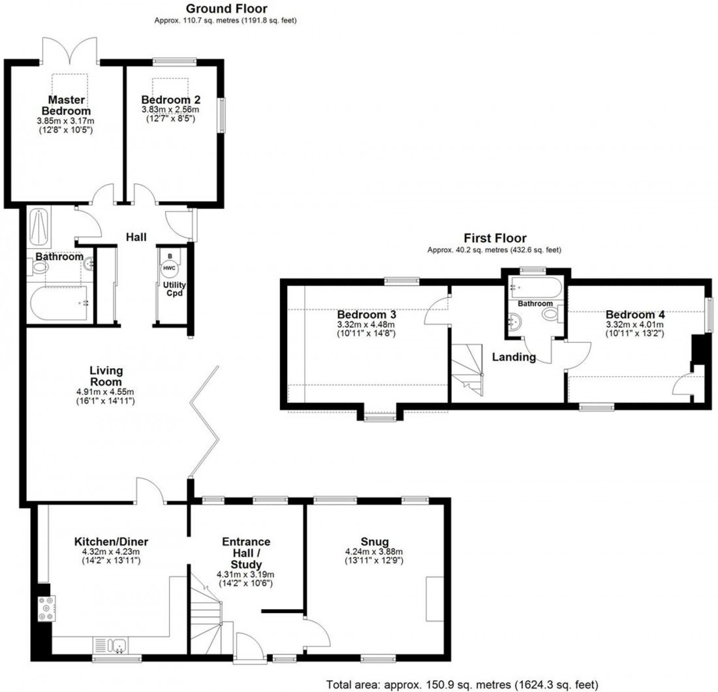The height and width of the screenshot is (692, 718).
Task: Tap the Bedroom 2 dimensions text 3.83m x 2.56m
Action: [171, 110]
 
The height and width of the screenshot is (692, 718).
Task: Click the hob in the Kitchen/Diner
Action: [45, 608]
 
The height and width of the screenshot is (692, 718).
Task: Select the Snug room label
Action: [375, 541]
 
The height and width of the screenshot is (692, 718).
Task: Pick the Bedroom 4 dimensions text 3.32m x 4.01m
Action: [635, 324]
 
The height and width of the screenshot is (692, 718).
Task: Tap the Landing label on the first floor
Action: [514, 357]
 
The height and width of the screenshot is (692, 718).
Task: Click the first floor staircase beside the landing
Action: [468, 370]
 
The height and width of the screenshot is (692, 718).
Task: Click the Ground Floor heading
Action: [226, 8]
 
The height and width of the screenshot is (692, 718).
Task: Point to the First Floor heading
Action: [495, 238]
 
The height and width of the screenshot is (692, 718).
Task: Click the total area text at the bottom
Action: [461, 684]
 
